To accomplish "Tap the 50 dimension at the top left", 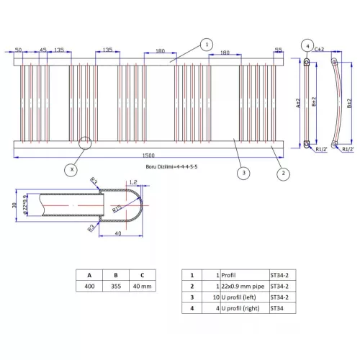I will point(18,50).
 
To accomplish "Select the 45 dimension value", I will point(43,50).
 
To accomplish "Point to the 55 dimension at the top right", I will point(279,50).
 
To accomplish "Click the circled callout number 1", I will point(207,44).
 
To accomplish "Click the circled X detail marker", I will point(71,170).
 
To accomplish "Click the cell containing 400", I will point(89,287).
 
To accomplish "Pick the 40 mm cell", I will point(143,287).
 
